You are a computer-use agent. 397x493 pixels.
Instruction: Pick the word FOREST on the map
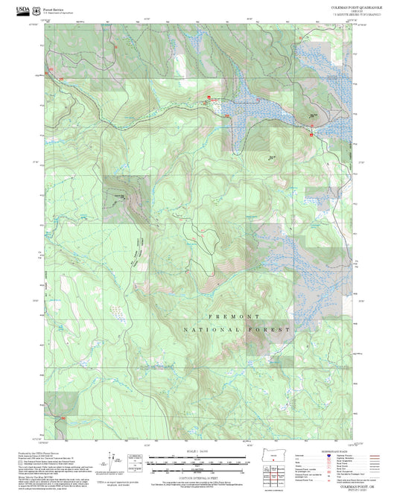coord(273,328)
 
